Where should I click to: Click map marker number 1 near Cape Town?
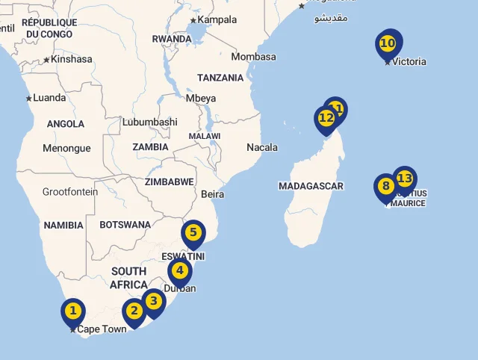pos(72,311)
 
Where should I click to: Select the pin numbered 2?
pos(134,311)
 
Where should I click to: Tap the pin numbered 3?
pos(153,302)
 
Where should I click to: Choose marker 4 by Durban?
pos(179,271)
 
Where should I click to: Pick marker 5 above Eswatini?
pos(193,232)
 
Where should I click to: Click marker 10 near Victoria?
pos(388,43)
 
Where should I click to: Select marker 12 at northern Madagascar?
pos(326,118)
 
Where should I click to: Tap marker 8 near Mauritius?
pos(385,187)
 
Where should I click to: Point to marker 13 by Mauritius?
pos(404,179)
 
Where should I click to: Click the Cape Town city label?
pos(102,329)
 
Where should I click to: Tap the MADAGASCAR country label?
pos(311,186)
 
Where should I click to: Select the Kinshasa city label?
pos(72,59)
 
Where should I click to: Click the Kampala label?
pos(217,19)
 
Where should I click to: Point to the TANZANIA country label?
pos(220,78)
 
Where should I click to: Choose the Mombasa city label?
pos(253,57)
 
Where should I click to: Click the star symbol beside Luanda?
pos(29,98)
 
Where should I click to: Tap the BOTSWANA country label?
pos(125,225)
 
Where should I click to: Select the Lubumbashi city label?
pos(149,122)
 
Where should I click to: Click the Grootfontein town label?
pos(70,192)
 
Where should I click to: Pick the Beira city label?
pos(213,194)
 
